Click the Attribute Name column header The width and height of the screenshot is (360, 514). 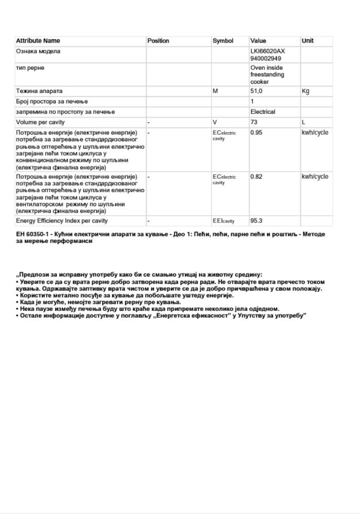[38, 41]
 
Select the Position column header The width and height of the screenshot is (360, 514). [158, 41]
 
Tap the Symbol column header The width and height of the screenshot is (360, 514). [223, 41]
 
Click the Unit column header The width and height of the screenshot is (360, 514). [308, 41]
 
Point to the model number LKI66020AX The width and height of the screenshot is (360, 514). [267, 51]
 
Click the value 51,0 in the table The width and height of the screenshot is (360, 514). [257, 91]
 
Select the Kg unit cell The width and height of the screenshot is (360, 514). [306, 91]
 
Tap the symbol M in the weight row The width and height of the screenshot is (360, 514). [215, 91]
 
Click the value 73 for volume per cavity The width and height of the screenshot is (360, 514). [254, 122]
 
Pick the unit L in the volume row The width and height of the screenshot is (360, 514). [304, 122]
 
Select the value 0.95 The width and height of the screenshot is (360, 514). [256, 133]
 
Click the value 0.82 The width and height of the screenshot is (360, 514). [256, 177]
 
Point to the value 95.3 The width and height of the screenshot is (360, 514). [256, 221]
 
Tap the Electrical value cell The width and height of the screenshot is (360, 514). [263, 112]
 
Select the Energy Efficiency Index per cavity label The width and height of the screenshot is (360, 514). [62, 221]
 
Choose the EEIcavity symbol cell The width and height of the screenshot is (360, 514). [224, 221]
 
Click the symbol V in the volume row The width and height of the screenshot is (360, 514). [215, 122]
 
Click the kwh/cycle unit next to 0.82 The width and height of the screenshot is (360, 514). [315, 177]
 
